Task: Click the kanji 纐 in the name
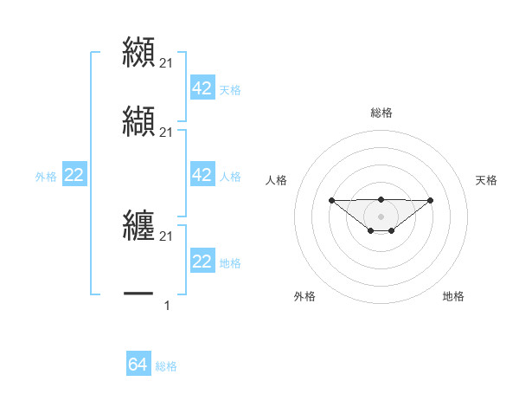tap(138, 51)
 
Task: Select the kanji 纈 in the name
tap(138, 120)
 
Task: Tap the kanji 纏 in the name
tap(138, 224)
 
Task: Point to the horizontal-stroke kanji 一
tap(138, 294)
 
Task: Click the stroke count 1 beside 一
tap(167, 305)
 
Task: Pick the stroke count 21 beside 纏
tap(167, 236)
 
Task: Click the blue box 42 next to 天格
tap(202, 88)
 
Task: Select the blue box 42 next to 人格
tap(202, 175)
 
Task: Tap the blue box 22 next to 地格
tap(202, 262)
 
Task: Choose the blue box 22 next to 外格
tap(74, 175)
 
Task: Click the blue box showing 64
tap(138, 365)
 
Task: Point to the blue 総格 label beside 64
tap(166, 366)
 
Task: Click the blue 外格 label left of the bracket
tap(46, 177)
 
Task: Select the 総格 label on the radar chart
tap(381, 113)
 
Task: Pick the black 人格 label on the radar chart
tap(277, 180)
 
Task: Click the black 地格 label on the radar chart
tap(453, 296)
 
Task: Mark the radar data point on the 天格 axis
tap(431, 200)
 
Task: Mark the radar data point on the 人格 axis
tap(331, 200)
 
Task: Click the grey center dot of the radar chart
tap(381, 216)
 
